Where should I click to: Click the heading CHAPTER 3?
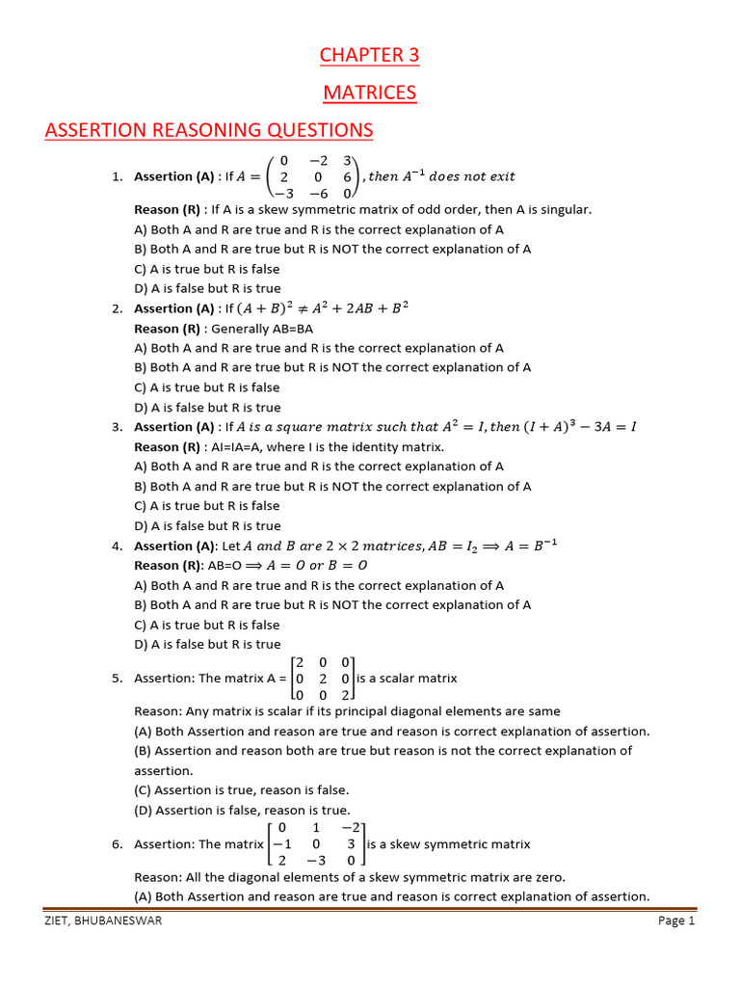(x=370, y=55)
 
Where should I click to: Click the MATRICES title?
(x=370, y=93)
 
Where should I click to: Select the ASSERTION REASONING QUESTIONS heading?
(x=208, y=130)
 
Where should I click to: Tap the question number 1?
(x=117, y=176)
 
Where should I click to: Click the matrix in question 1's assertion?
(x=314, y=176)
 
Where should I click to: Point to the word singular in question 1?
(x=566, y=209)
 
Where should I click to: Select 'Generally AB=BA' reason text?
(x=230, y=329)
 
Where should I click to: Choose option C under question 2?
(x=207, y=387)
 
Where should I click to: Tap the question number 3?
(x=117, y=427)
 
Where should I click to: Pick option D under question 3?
(x=207, y=526)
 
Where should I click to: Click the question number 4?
(x=117, y=547)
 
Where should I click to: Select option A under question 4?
(x=319, y=585)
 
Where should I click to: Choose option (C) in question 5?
(x=241, y=790)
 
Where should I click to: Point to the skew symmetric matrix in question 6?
(x=316, y=843)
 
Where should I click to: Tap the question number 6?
(x=117, y=844)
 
